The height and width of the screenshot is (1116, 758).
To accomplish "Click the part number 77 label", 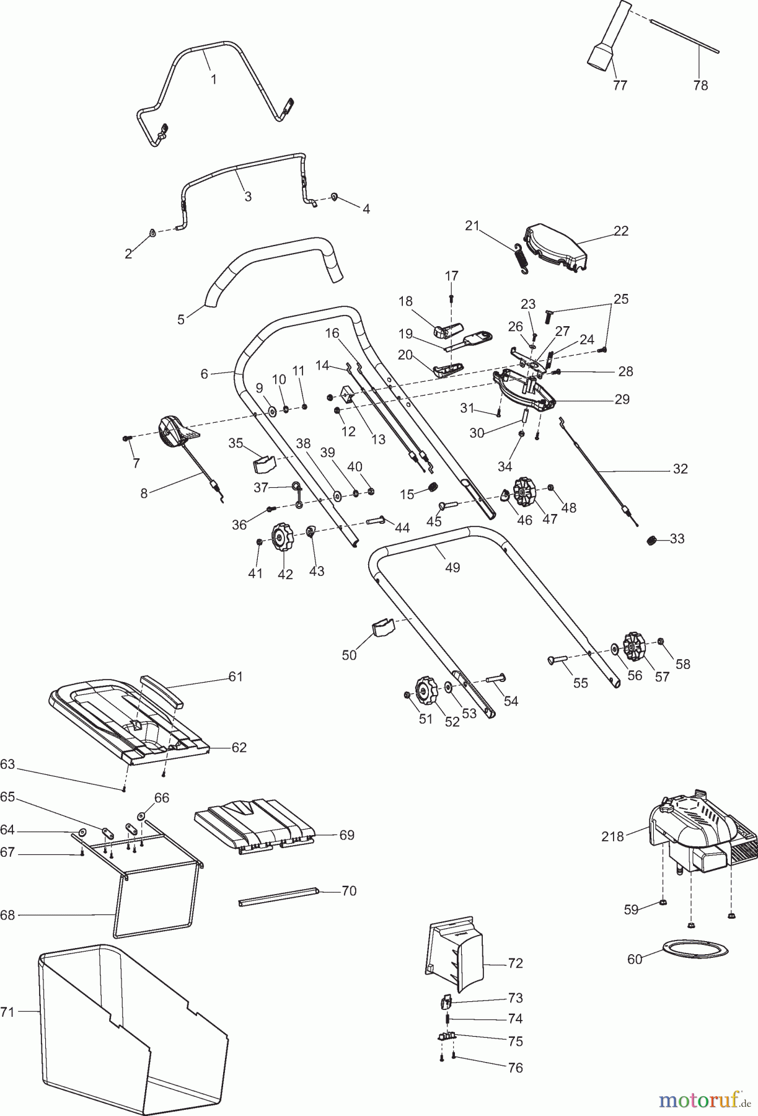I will pyautogui.click(x=619, y=86).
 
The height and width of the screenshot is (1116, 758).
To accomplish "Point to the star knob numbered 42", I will pyautogui.click(x=283, y=538).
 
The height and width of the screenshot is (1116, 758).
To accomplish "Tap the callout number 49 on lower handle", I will pyautogui.click(x=452, y=567).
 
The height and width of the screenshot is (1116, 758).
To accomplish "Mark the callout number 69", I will pyautogui.click(x=347, y=835).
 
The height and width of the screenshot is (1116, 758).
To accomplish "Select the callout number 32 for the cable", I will pyautogui.click(x=680, y=469).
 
